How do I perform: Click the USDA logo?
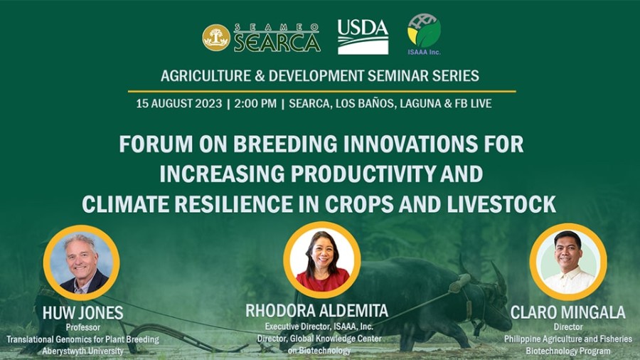(363, 37)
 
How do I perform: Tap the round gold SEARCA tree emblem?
(216, 38)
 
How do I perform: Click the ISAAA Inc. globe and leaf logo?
(424, 34)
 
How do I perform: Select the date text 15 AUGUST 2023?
(178, 104)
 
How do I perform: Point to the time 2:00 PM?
(255, 104)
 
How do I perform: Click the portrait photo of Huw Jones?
(82, 263)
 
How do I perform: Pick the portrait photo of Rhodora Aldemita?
(322, 260)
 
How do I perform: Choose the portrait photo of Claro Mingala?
(568, 262)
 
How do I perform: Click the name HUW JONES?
(83, 313)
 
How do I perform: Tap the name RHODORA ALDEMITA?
(316, 311)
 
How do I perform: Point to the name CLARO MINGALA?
(567, 312)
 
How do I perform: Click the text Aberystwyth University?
(83, 351)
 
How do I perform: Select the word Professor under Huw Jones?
(83, 327)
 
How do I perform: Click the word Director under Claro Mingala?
(568, 327)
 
